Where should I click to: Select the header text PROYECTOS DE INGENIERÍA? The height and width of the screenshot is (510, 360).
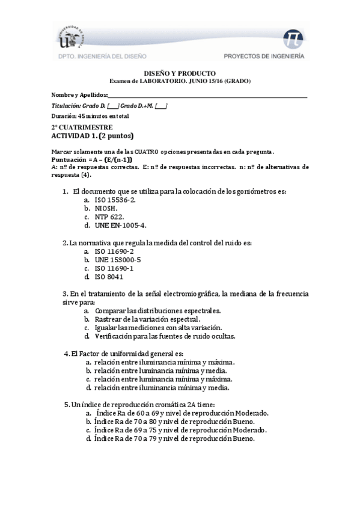tap(264, 57)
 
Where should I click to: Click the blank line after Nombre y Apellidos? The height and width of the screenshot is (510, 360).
tap(207, 95)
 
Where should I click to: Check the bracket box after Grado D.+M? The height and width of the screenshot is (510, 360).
tap(161, 105)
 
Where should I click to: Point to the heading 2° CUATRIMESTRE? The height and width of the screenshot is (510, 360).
tap(82, 127)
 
